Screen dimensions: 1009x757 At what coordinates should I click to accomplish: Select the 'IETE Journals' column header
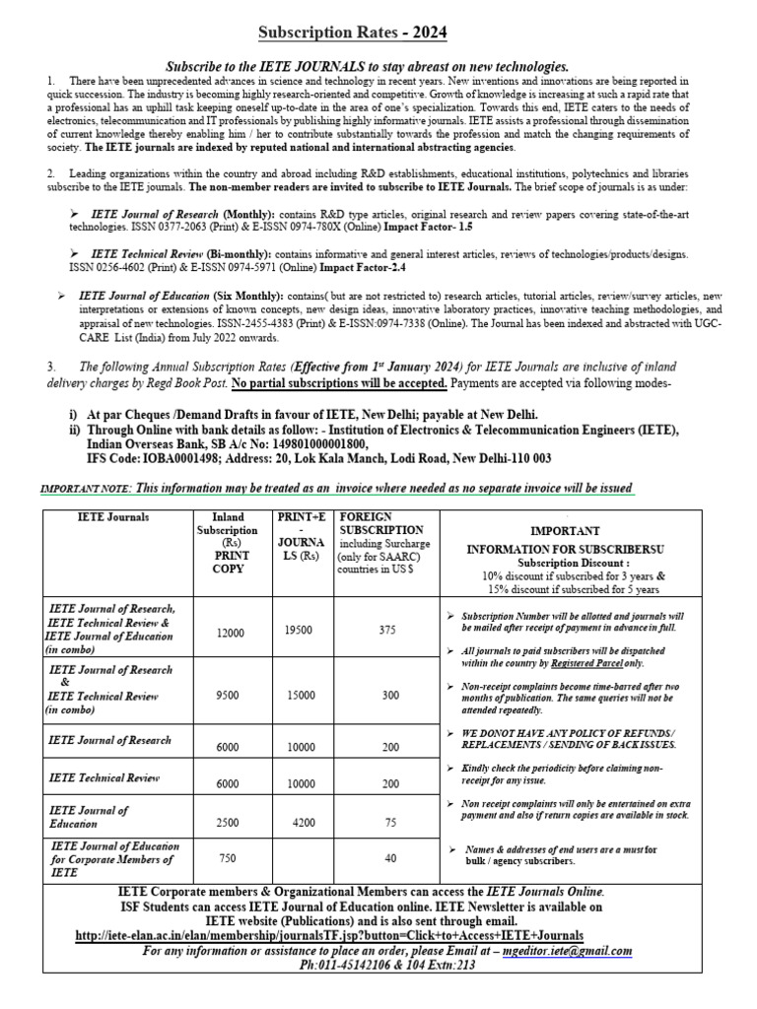(x=113, y=516)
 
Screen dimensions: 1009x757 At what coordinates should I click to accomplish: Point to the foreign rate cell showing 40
(x=391, y=858)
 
